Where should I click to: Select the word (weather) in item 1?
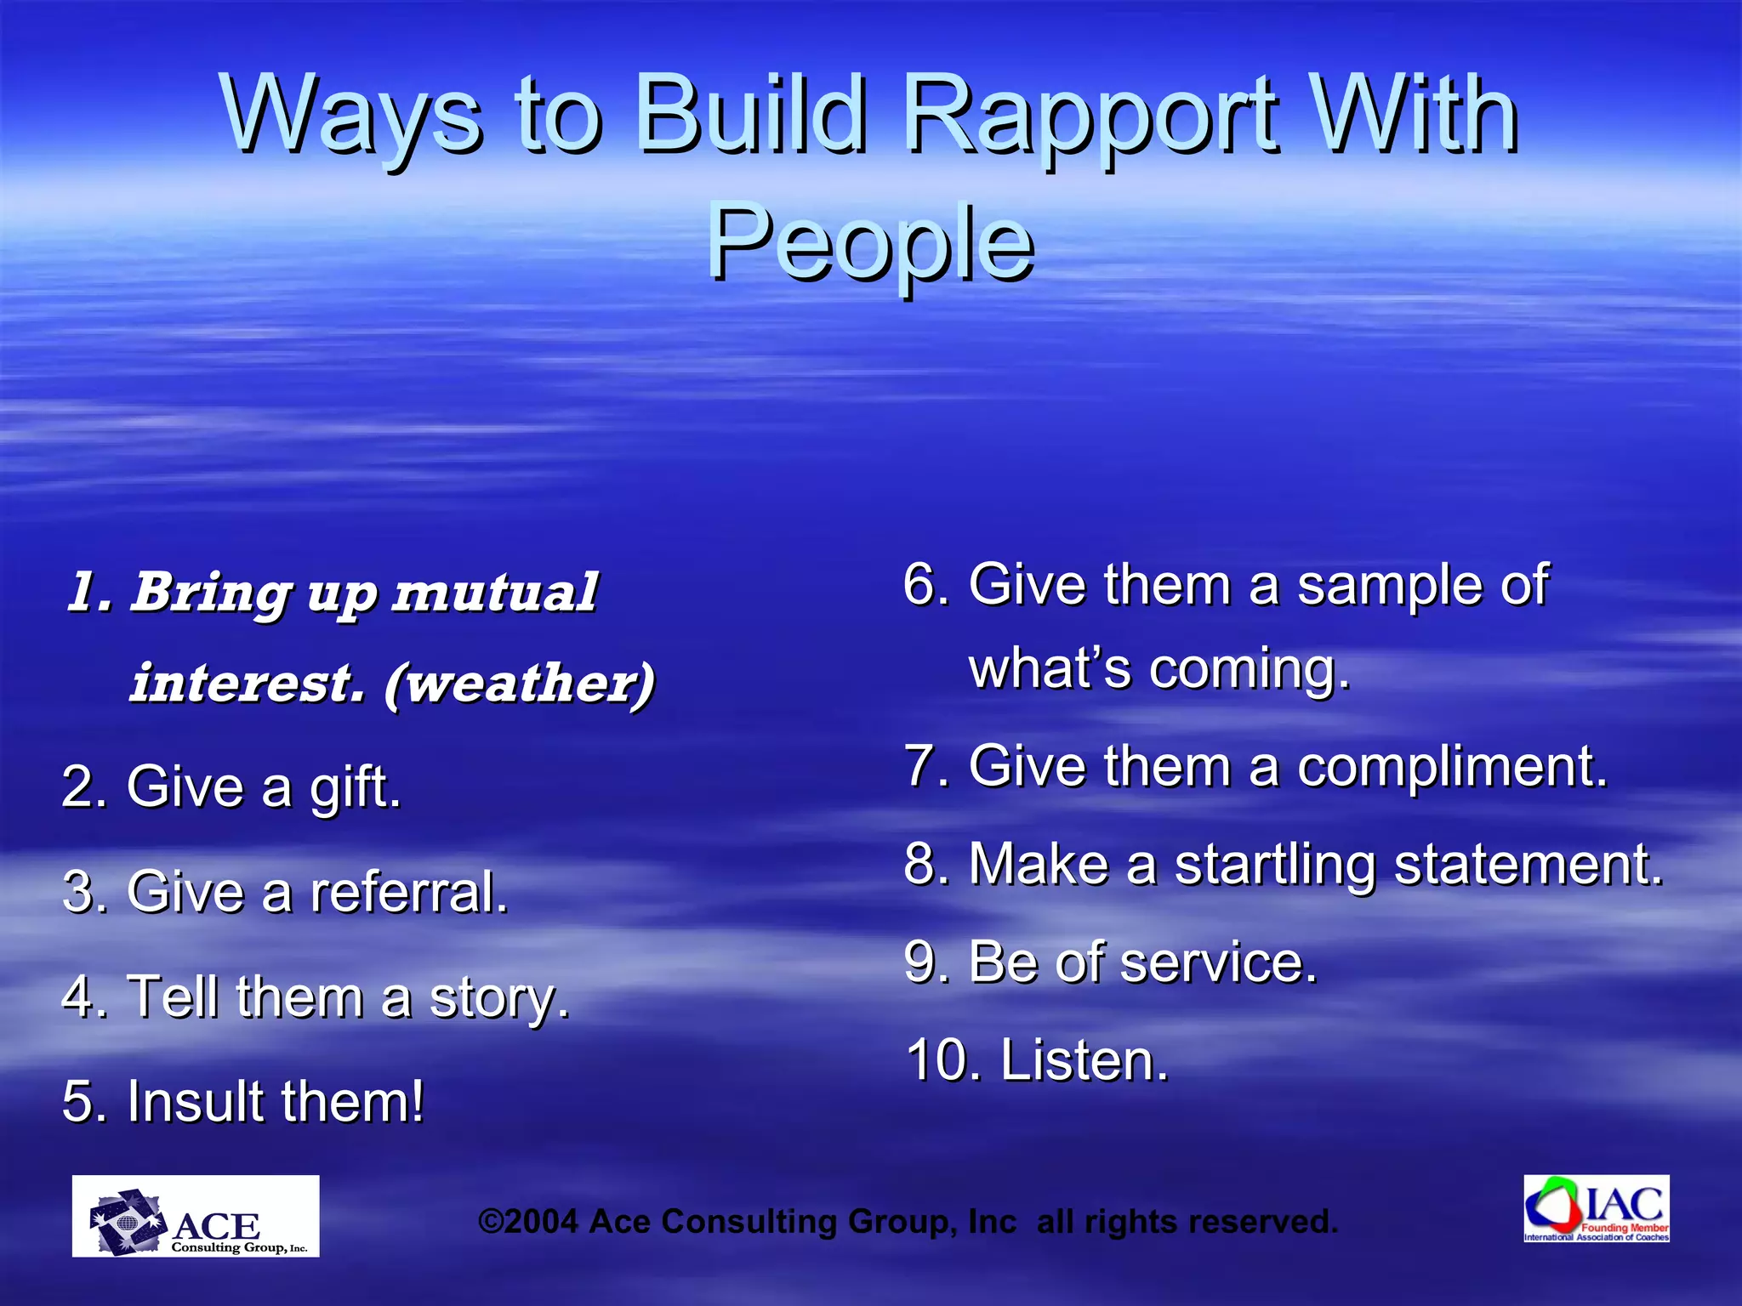tap(520, 683)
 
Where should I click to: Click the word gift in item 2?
tap(354, 787)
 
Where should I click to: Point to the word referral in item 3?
tap(408, 893)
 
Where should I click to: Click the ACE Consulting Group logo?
tap(196, 1216)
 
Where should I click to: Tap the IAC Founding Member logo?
tap(1596, 1208)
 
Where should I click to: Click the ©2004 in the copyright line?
tap(528, 1222)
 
